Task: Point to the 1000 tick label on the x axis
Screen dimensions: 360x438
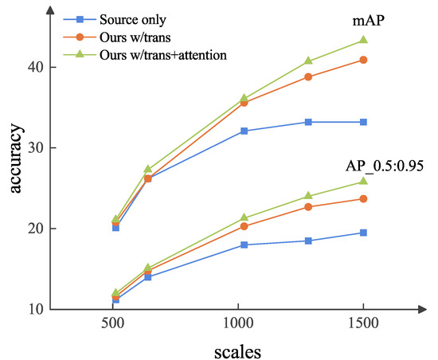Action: tap(239, 326)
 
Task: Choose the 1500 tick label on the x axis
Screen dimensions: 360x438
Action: tap(363, 326)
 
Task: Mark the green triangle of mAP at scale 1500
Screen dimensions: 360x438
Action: tap(363, 40)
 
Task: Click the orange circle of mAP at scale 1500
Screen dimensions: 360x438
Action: tap(363, 60)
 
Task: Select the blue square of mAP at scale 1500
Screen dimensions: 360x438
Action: tap(363, 122)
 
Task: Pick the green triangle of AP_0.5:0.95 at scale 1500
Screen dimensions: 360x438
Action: tap(363, 182)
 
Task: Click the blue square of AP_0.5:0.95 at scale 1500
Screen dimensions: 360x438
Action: tap(363, 233)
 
